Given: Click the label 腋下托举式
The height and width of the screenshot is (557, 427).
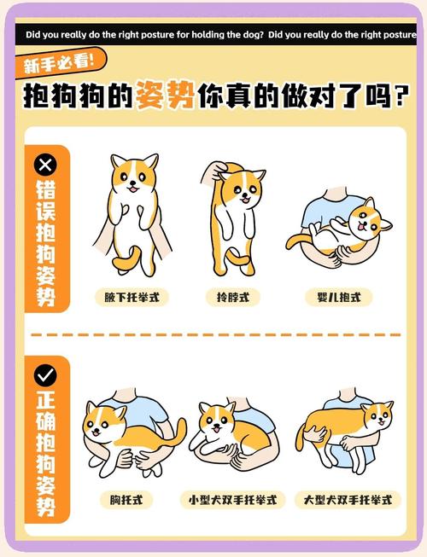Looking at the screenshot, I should pos(132,298).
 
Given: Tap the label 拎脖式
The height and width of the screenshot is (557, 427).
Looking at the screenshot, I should pos(233,298).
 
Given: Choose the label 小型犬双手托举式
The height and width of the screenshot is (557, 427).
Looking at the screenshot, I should pos(233,499).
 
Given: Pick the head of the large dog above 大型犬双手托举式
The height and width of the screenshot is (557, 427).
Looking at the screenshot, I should pos(376,417).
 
